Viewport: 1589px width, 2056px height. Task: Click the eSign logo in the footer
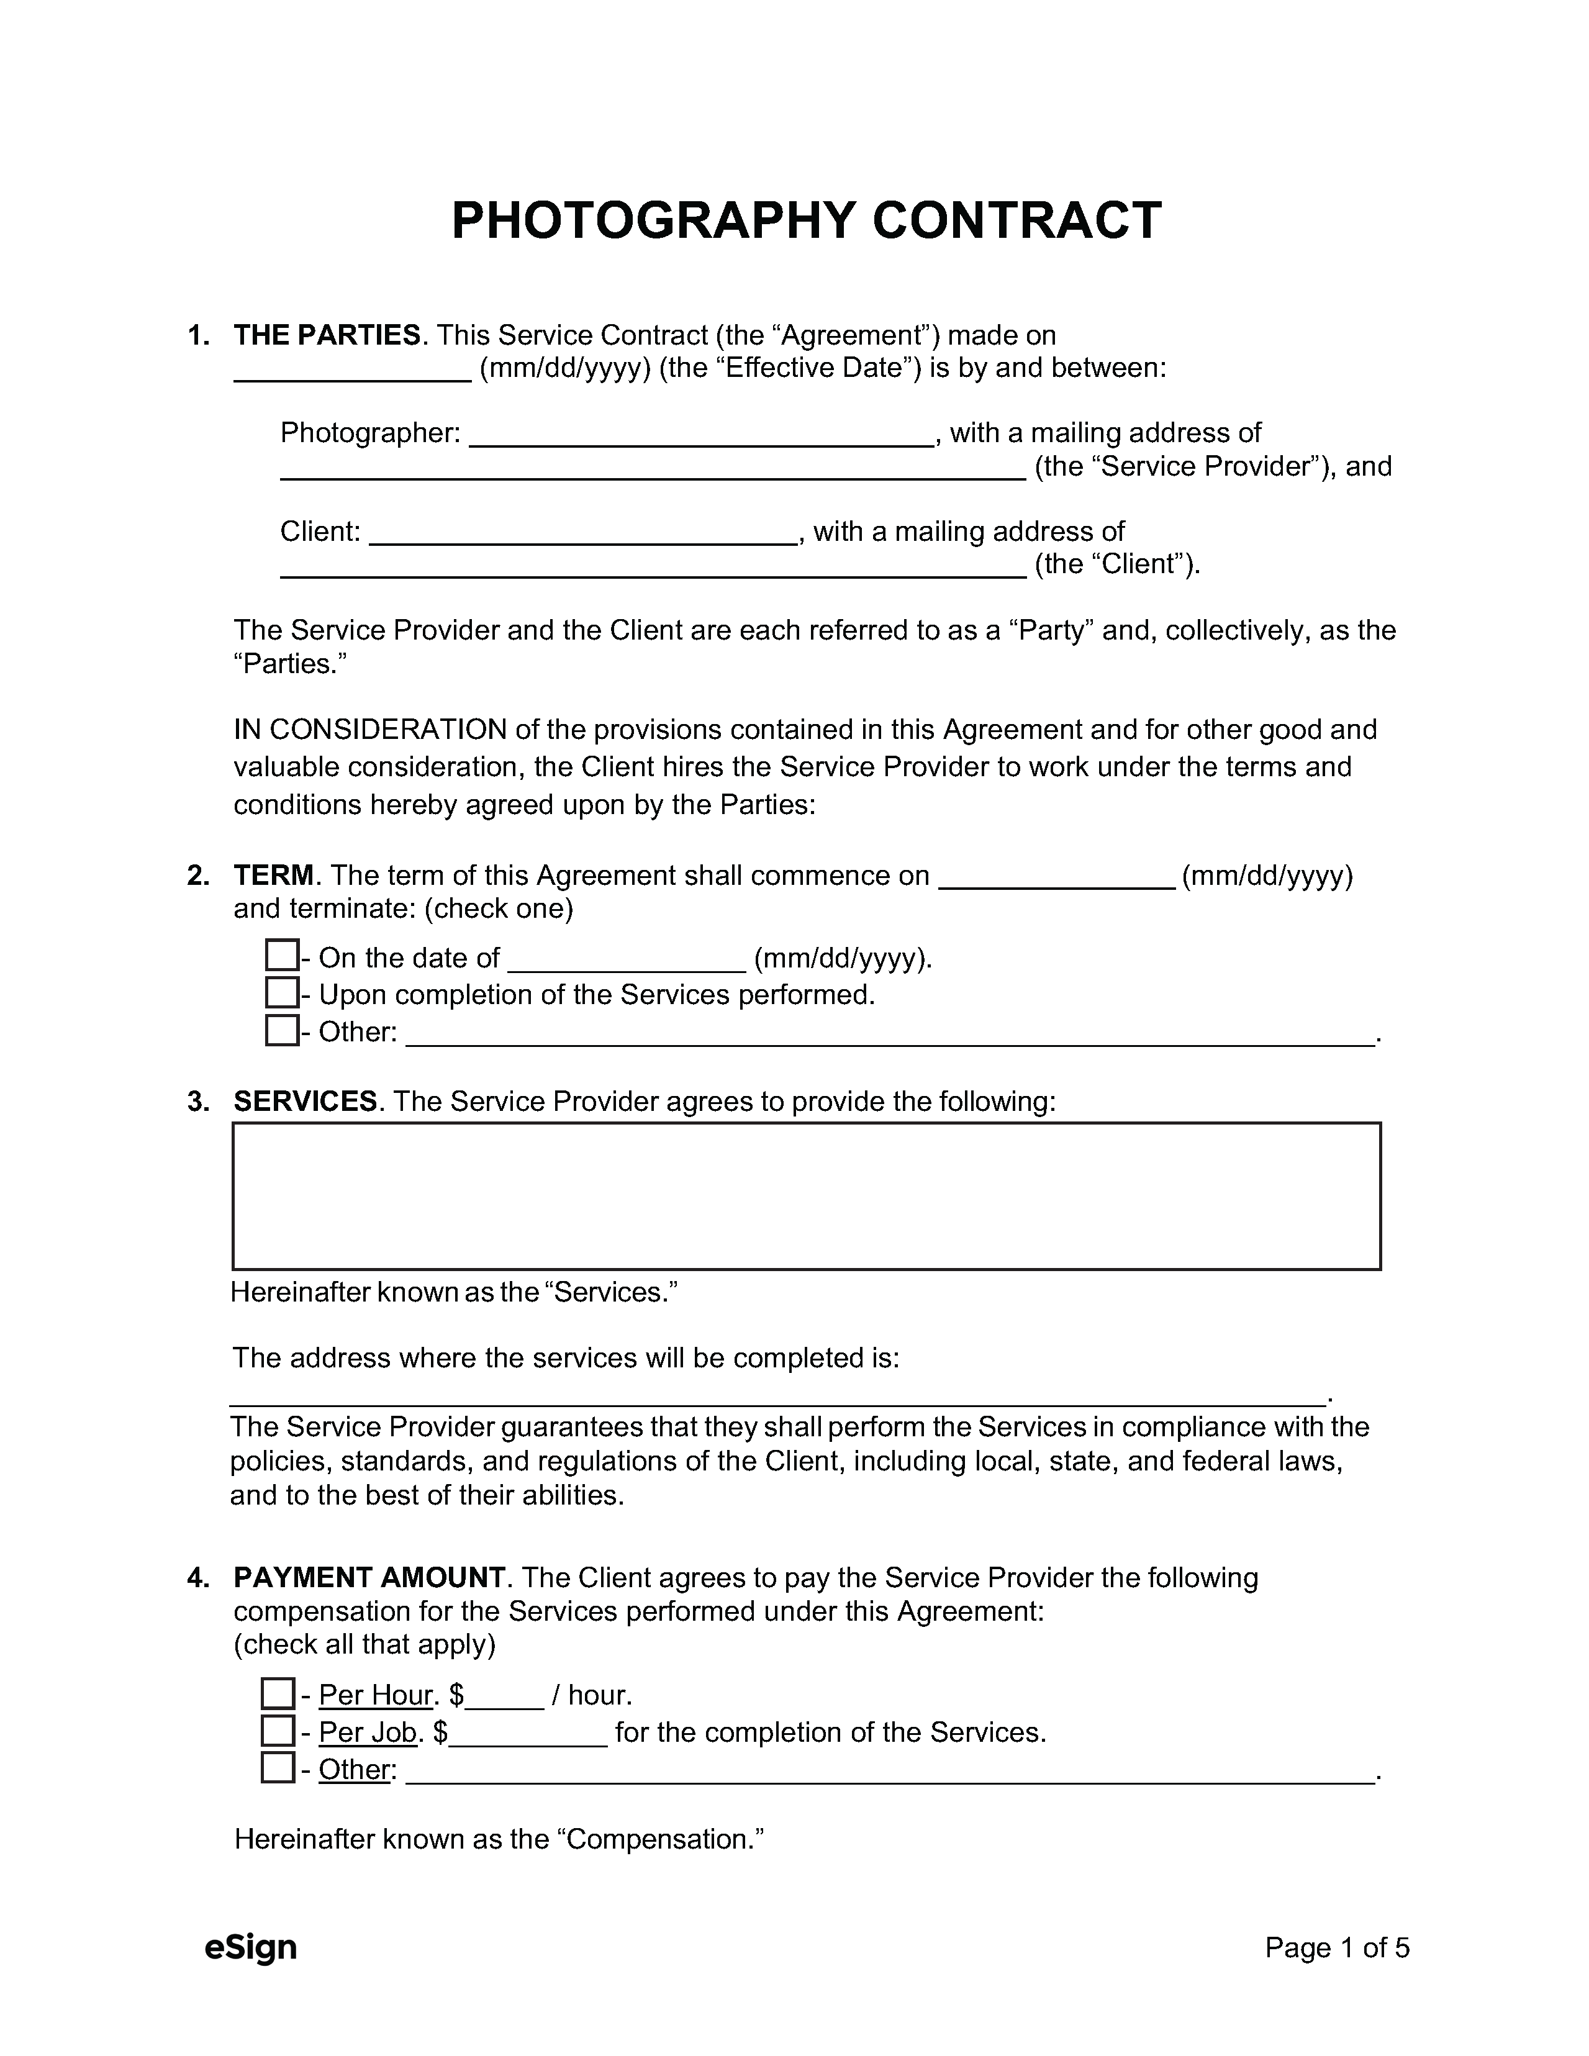point(250,1947)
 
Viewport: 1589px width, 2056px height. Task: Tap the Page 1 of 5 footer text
point(1337,1947)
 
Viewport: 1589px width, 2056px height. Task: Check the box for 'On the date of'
point(281,956)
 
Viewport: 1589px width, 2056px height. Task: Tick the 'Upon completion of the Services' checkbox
point(281,993)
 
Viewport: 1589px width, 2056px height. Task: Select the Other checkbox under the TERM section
point(281,1030)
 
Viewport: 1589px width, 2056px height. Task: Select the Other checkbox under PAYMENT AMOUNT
point(278,1768)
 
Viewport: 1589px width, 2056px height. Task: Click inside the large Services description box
point(806,1195)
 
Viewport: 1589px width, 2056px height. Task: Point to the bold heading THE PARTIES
point(327,335)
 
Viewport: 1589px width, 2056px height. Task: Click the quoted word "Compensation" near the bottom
point(660,1839)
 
